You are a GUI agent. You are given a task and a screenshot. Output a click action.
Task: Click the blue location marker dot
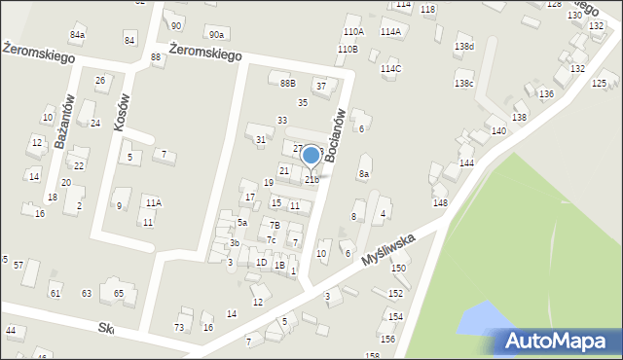tap(311, 155)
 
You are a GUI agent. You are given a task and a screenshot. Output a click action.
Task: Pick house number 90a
tap(215, 35)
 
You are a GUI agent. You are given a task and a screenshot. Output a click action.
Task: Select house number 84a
tap(77, 35)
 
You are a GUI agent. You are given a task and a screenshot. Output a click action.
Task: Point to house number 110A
tap(352, 32)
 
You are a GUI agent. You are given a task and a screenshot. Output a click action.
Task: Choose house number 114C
tap(390, 69)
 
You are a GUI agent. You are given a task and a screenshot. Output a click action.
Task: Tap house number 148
tap(440, 202)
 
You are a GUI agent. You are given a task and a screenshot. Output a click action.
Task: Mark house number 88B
tap(287, 84)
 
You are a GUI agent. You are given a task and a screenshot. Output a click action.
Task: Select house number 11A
tap(153, 202)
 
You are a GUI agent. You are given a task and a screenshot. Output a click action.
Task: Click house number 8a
tap(364, 174)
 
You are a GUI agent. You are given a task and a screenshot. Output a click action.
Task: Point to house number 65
tap(119, 293)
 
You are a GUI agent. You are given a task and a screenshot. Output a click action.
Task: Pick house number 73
tap(179, 327)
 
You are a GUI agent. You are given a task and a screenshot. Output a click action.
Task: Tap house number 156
tap(387, 339)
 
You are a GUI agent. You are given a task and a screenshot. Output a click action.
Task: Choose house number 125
tap(599, 84)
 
